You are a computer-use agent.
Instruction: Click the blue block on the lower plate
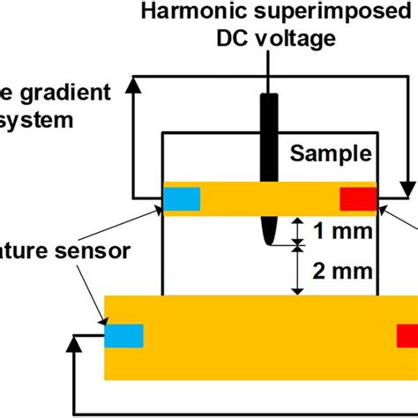click(123, 336)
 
